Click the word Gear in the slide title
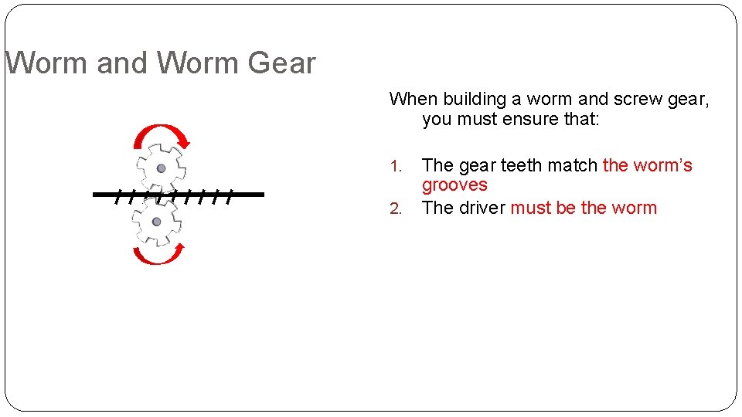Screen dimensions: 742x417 (x=281, y=63)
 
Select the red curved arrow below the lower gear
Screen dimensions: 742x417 (x=158, y=257)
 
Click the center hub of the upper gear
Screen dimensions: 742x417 (x=161, y=168)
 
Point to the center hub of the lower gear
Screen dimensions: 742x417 (x=156, y=222)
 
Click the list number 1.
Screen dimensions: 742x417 (x=396, y=166)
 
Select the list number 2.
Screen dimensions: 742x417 (x=396, y=208)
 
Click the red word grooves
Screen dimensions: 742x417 (x=454, y=185)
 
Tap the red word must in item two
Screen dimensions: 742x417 (x=530, y=208)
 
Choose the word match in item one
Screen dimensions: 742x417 (x=573, y=165)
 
